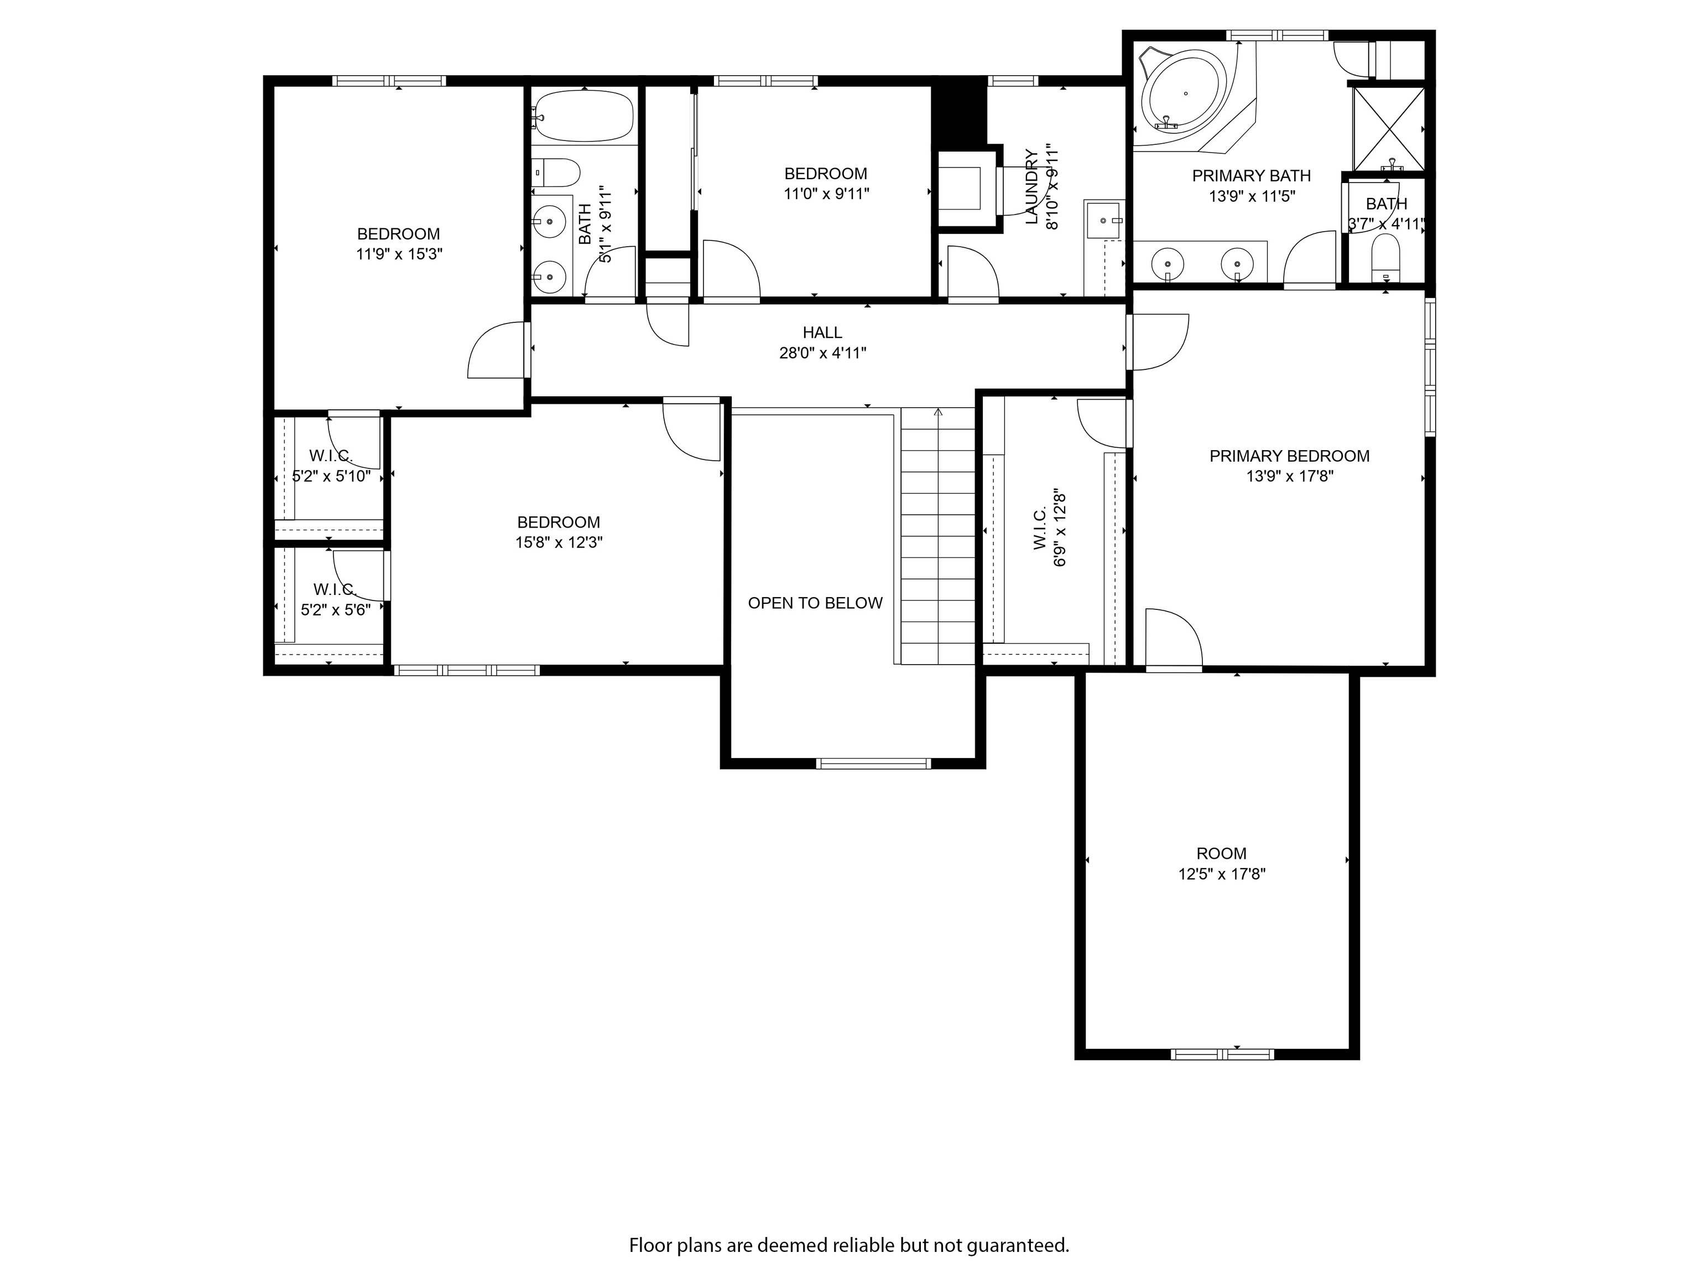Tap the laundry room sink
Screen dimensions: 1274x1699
tap(1103, 221)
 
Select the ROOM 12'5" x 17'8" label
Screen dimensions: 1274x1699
tap(1221, 863)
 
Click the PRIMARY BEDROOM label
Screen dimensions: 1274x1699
tap(1289, 456)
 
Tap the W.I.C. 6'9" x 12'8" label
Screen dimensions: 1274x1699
tap(1049, 528)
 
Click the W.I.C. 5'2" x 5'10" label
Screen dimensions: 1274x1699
tap(331, 466)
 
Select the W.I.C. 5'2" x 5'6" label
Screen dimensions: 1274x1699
tap(335, 600)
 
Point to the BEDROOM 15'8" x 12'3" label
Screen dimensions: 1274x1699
tap(559, 532)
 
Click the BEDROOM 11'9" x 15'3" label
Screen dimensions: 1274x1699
tap(399, 243)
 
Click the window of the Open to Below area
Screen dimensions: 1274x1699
tap(873, 763)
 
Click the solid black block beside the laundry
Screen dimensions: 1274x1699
tap(958, 111)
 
